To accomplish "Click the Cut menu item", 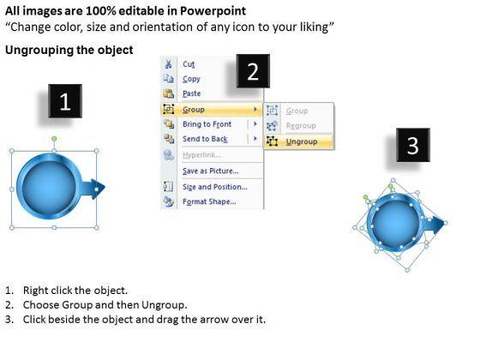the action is (x=189, y=64).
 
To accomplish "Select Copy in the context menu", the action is (x=191, y=79).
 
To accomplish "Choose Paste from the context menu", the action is (x=192, y=93).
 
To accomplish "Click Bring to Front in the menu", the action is (x=207, y=124).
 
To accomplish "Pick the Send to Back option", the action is (x=205, y=139).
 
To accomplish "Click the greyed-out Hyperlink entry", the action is (x=201, y=155).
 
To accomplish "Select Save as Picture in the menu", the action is (x=211, y=171).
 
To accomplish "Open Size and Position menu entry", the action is (x=215, y=187).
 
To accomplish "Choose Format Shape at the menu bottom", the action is (x=209, y=201).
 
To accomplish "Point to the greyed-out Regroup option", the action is (x=301, y=125).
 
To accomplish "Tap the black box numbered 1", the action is (x=65, y=101).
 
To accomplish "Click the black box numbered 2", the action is (x=253, y=71).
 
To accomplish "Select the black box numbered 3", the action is (x=413, y=145).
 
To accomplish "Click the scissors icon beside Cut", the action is (x=168, y=64).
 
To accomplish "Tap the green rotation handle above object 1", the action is (x=54, y=139).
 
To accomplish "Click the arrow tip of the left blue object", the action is (x=105, y=188).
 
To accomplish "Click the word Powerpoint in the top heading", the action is (x=213, y=11).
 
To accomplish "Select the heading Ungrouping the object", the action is (x=69, y=50).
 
